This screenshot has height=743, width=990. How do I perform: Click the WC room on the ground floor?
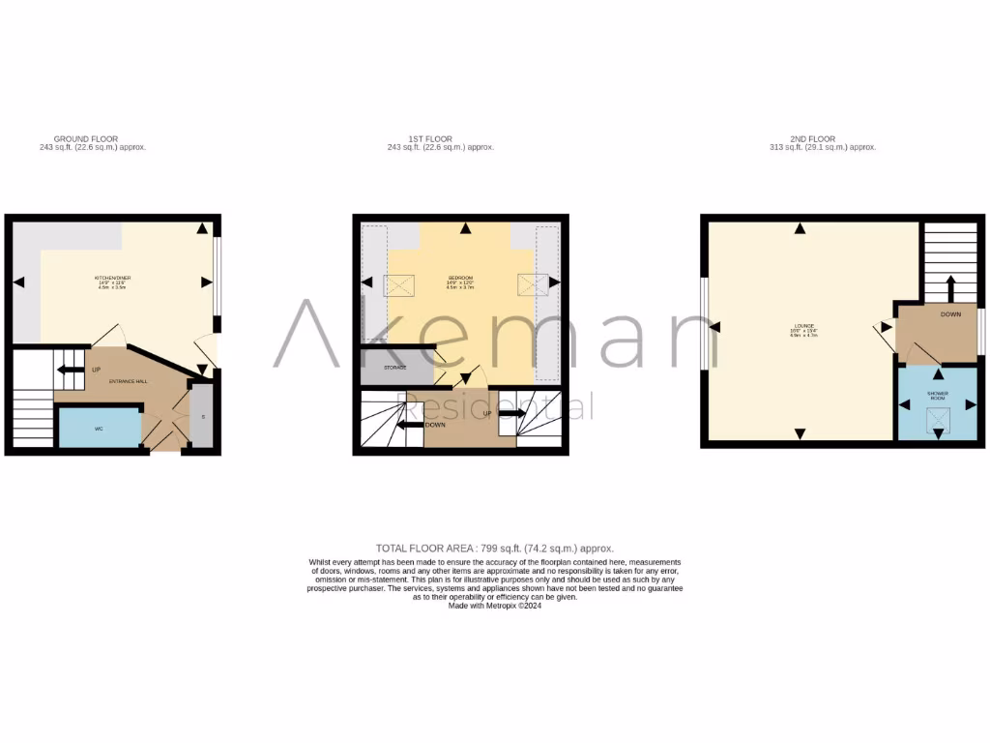(x=98, y=428)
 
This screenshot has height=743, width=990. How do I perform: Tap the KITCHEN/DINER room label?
(x=113, y=279)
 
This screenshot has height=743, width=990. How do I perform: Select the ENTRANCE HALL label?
(x=129, y=382)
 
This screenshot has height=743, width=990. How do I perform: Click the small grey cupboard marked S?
(x=202, y=417)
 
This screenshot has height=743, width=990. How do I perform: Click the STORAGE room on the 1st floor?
(x=393, y=368)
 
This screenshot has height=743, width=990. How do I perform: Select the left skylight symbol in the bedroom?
(x=398, y=284)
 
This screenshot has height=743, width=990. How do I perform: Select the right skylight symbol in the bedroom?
(x=532, y=284)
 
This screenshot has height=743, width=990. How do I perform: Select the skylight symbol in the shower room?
(x=937, y=420)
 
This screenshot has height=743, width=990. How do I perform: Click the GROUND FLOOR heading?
(x=85, y=139)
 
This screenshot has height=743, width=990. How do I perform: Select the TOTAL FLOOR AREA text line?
(x=494, y=549)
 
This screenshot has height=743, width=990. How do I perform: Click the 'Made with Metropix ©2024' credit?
(x=494, y=606)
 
